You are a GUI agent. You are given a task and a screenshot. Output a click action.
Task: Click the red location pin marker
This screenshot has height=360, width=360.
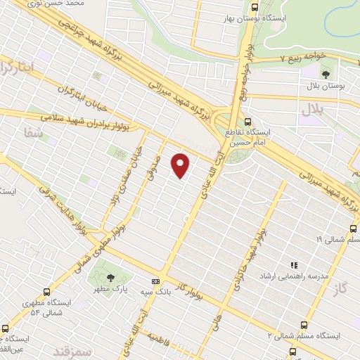click(x=181, y=165)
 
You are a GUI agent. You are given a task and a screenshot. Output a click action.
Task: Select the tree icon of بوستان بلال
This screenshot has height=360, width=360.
click(x=326, y=74)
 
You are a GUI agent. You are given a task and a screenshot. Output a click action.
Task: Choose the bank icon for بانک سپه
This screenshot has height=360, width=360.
click(x=155, y=281)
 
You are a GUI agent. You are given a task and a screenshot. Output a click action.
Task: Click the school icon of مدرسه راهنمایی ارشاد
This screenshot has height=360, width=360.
click(x=295, y=265)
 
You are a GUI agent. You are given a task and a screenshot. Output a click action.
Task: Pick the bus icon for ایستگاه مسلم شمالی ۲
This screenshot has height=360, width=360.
click(x=304, y=325)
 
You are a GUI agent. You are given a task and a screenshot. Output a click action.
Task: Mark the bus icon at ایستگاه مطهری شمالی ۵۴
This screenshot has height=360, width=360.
click(x=47, y=292)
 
